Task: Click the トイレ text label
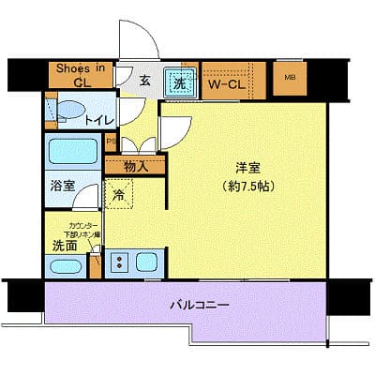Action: tap(99, 120)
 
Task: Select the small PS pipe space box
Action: tap(112, 142)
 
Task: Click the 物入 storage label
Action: tap(136, 167)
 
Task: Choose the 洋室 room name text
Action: tap(247, 168)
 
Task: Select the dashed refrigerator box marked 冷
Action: tap(119, 194)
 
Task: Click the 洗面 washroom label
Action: tap(63, 246)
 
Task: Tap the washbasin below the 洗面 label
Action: tap(65, 265)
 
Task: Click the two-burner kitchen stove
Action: tap(119, 262)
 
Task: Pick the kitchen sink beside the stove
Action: tap(148, 262)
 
